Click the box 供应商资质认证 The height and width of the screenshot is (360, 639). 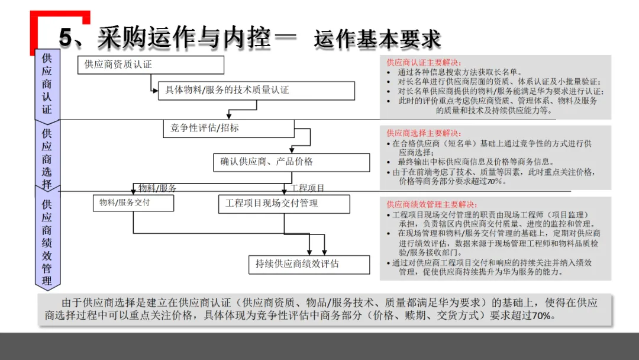(x=150, y=65)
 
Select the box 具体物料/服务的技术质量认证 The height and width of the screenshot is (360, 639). (x=256, y=91)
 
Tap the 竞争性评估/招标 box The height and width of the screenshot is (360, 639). (x=228, y=128)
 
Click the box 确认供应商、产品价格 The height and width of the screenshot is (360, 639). (x=291, y=162)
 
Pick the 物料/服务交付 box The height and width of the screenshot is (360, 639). (x=133, y=202)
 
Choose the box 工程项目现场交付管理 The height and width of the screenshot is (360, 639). (x=284, y=203)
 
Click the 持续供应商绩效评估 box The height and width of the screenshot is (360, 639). (x=309, y=264)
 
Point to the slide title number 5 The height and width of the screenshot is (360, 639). (x=66, y=38)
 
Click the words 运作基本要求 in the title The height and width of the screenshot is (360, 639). (x=377, y=39)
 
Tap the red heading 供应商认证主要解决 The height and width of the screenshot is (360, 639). (x=424, y=63)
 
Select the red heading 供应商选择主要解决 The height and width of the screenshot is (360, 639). (x=424, y=133)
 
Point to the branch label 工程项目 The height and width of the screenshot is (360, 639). (x=307, y=188)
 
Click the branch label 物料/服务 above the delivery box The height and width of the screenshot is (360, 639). (x=157, y=188)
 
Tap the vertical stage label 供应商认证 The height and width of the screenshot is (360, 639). (x=47, y=83)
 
